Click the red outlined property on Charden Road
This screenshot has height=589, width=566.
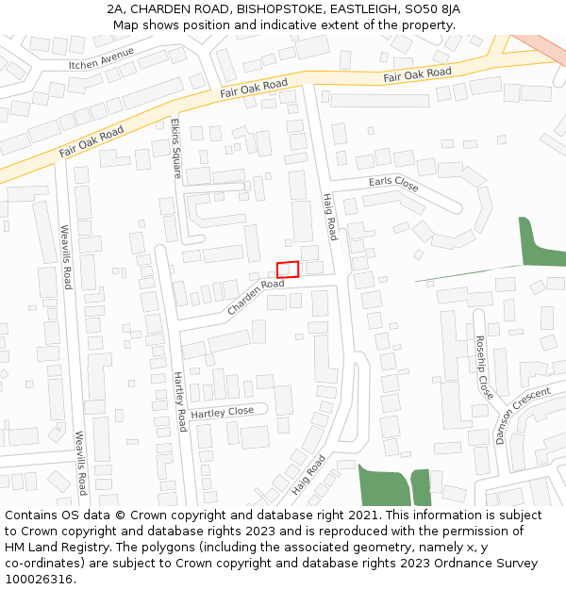tap(288, 270)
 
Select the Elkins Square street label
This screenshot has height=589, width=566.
tap(175, 148)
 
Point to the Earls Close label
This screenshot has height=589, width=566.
tap(393, 182)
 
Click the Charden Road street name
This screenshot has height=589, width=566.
tap(255, 297)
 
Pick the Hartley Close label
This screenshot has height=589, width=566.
tap(223, 412)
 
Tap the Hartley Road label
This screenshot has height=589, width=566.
tap(179, 401)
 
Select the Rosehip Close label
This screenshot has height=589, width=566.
tap(484, 367)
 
